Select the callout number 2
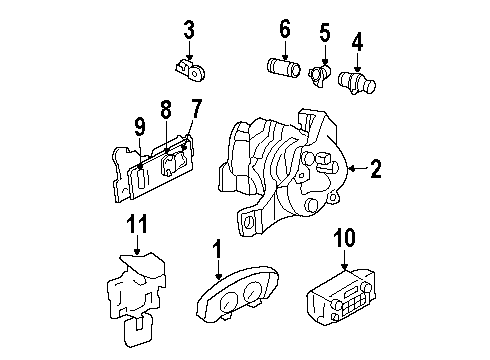click(375, 168)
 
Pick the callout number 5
click(324, 34)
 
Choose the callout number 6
click(285, 31)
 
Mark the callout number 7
click(196, 108)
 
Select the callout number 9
click(141, 127)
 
